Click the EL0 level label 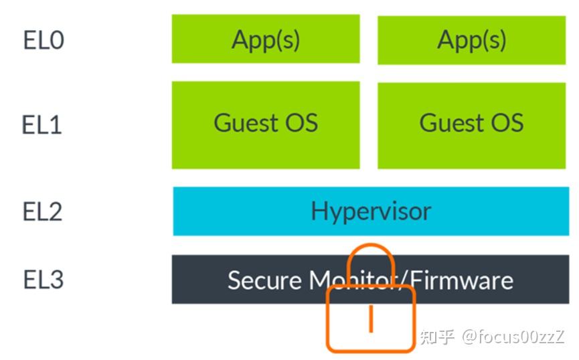click(44, 41)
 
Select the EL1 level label click(42, 125)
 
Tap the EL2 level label click(42, 211)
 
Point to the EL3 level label click(44, 279)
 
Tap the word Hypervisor click(371, 211)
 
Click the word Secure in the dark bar click(264, 280)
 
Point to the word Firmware click(462, 280)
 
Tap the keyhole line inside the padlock click(371, 319)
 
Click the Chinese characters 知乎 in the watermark click(436, 336)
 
